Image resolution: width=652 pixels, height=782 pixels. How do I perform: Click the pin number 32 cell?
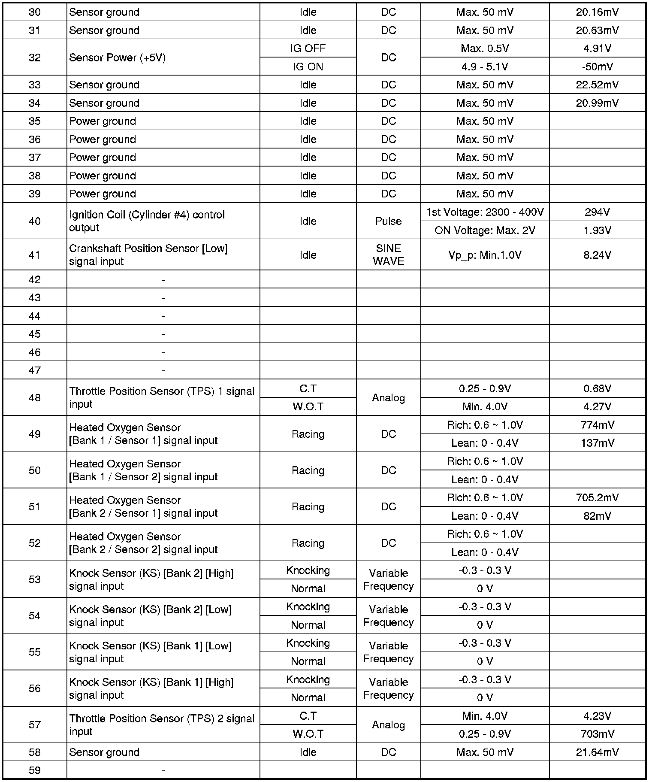coord(34,58)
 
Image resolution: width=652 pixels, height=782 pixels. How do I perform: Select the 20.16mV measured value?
coord(597,12)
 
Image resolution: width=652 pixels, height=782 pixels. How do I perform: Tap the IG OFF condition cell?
coord(308,48)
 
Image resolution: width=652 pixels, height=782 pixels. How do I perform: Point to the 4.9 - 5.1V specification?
coord(485,67)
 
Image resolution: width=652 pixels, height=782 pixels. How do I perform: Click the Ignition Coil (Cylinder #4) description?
coord(147,221)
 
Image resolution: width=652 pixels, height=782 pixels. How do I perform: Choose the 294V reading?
coord(597,212)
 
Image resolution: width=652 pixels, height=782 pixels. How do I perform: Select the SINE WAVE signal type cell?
coord(388,255)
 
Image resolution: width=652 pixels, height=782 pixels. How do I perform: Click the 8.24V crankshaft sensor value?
coord(597,255)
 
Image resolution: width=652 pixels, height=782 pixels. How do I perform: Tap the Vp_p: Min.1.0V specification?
coord(485,255)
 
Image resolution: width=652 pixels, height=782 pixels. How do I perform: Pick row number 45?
coord(34,334)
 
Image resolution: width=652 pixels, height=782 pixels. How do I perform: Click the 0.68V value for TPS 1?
coord(597,388)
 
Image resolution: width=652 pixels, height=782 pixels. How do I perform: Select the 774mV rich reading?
coord(597,425)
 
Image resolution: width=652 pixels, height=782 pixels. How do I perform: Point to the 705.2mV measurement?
coord(597,497)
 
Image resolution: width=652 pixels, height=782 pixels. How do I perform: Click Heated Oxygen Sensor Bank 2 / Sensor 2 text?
coord(143,543)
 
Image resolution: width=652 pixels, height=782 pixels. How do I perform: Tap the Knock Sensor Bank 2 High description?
coord(151,579)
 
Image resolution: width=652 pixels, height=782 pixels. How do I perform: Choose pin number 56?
coord(34,688)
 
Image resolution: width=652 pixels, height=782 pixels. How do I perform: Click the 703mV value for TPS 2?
coord(597,734)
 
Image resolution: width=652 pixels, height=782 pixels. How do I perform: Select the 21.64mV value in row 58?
coord(597,752)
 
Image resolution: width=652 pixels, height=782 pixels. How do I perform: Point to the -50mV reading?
coord(597,67)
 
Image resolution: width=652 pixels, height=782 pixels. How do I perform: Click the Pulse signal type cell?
coord(388,221)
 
